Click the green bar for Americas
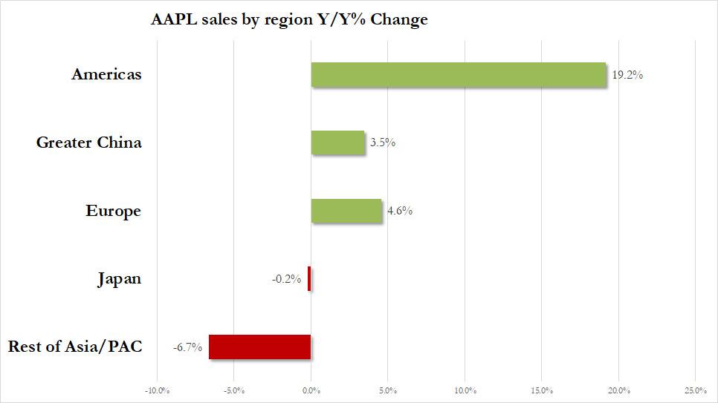point(459,75)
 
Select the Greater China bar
point(338,142)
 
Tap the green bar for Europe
point(346,211)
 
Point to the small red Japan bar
point(309,279)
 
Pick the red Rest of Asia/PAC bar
point(259,347)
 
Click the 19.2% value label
point(627,75)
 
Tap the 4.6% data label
point(399,211)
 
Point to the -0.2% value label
point(286,279)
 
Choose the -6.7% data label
point(188,347)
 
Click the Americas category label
point(106,74)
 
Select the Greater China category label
point(88,142)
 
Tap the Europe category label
point(113,211)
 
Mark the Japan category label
point(119,279)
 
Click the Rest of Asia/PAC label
point(74,347)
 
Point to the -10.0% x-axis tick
point(157,390)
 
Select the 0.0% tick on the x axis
point(311,390)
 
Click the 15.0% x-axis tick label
point(541,390)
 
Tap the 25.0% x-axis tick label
point(694,390)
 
